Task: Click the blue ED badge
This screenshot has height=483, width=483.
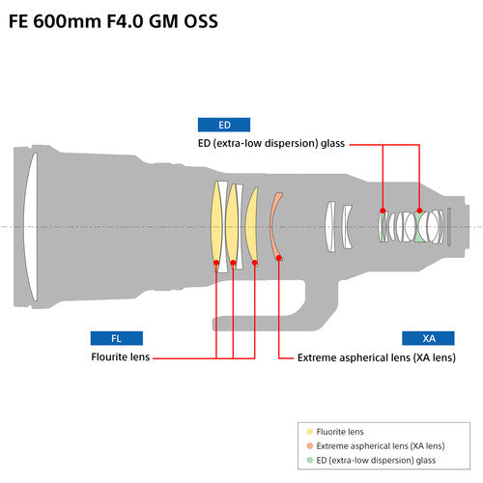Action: tap(224, 125)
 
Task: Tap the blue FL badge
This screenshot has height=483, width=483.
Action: tap(117, 338)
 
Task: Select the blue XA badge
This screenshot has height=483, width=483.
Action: tap(429, 338)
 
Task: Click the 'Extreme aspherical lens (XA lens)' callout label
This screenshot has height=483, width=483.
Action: tap(376, 357)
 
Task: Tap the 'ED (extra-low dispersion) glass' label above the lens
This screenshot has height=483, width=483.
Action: tap(270, 144)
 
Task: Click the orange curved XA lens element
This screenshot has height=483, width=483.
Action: tap(275, 226)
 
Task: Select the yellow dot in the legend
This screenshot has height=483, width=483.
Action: tap(308, 432)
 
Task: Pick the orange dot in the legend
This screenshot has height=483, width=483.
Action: tap(308, 445)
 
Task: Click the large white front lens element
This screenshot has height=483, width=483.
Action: tap(30, 227)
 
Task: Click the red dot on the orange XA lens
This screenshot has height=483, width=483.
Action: tap(279, 258)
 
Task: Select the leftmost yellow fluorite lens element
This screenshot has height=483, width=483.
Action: tap(217, 224)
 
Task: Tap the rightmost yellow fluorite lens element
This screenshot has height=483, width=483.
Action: tap(252, 224)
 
